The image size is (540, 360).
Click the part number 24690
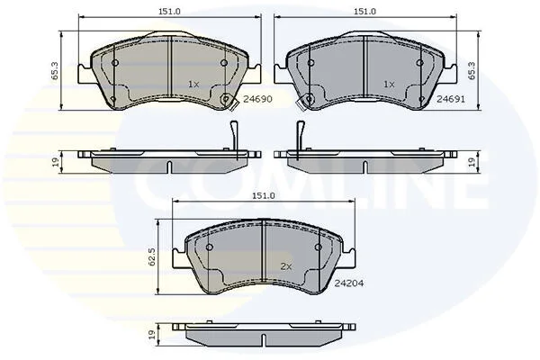tap(257, 99)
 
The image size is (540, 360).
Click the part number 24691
tap(451, 99)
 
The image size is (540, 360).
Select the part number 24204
tap(349, 283)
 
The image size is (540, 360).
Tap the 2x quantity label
tap(286, 266)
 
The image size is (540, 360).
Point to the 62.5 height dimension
tap(152, 256)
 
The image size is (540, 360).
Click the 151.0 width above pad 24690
tap(169, 12)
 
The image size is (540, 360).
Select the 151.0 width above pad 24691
tap(365, 12)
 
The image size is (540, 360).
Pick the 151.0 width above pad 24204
tap(264, 195)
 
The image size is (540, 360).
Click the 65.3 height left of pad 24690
tap(54, 71)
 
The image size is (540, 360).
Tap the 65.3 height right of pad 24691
tap(472, 71)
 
